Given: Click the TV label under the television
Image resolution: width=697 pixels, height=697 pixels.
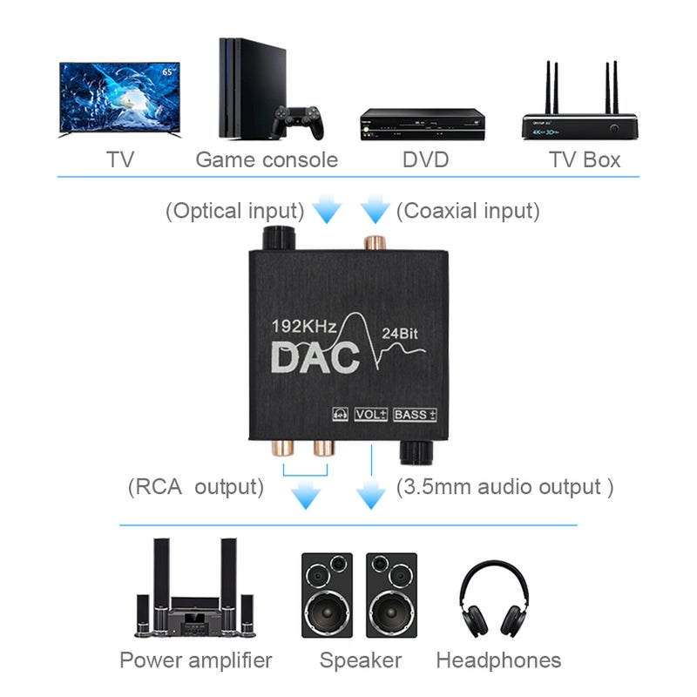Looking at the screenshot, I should tap(122, 160).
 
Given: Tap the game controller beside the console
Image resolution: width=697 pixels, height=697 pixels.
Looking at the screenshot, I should tap(297, 122).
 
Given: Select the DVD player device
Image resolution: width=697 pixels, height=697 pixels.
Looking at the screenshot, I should tap(422, 124).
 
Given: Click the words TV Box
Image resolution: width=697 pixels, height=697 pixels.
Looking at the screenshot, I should tap(584, 160).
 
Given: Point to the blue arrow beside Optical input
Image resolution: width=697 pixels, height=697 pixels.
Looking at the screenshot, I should tap(328, 210).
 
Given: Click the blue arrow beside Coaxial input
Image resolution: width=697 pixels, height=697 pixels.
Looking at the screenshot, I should tap(375, 210).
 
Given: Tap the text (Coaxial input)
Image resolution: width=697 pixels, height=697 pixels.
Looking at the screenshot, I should tap(468, 211).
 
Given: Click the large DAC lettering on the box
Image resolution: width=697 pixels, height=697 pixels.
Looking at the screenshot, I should tap(315, 356).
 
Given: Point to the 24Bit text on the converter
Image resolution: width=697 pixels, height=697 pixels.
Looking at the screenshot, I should tap(401, 332).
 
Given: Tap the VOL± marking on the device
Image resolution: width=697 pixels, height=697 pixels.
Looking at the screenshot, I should tap(371, 415).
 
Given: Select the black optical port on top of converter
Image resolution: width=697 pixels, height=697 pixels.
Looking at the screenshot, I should tap(280, 237).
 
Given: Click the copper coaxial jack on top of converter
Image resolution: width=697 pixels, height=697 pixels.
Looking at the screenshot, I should tap(375, 240).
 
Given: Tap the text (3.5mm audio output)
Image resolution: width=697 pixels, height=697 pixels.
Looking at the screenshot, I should tap(504, 487).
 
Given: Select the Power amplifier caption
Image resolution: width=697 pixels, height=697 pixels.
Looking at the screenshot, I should tap(196, 660).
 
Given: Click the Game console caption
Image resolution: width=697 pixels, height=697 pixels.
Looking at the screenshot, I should tap(267, 160).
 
